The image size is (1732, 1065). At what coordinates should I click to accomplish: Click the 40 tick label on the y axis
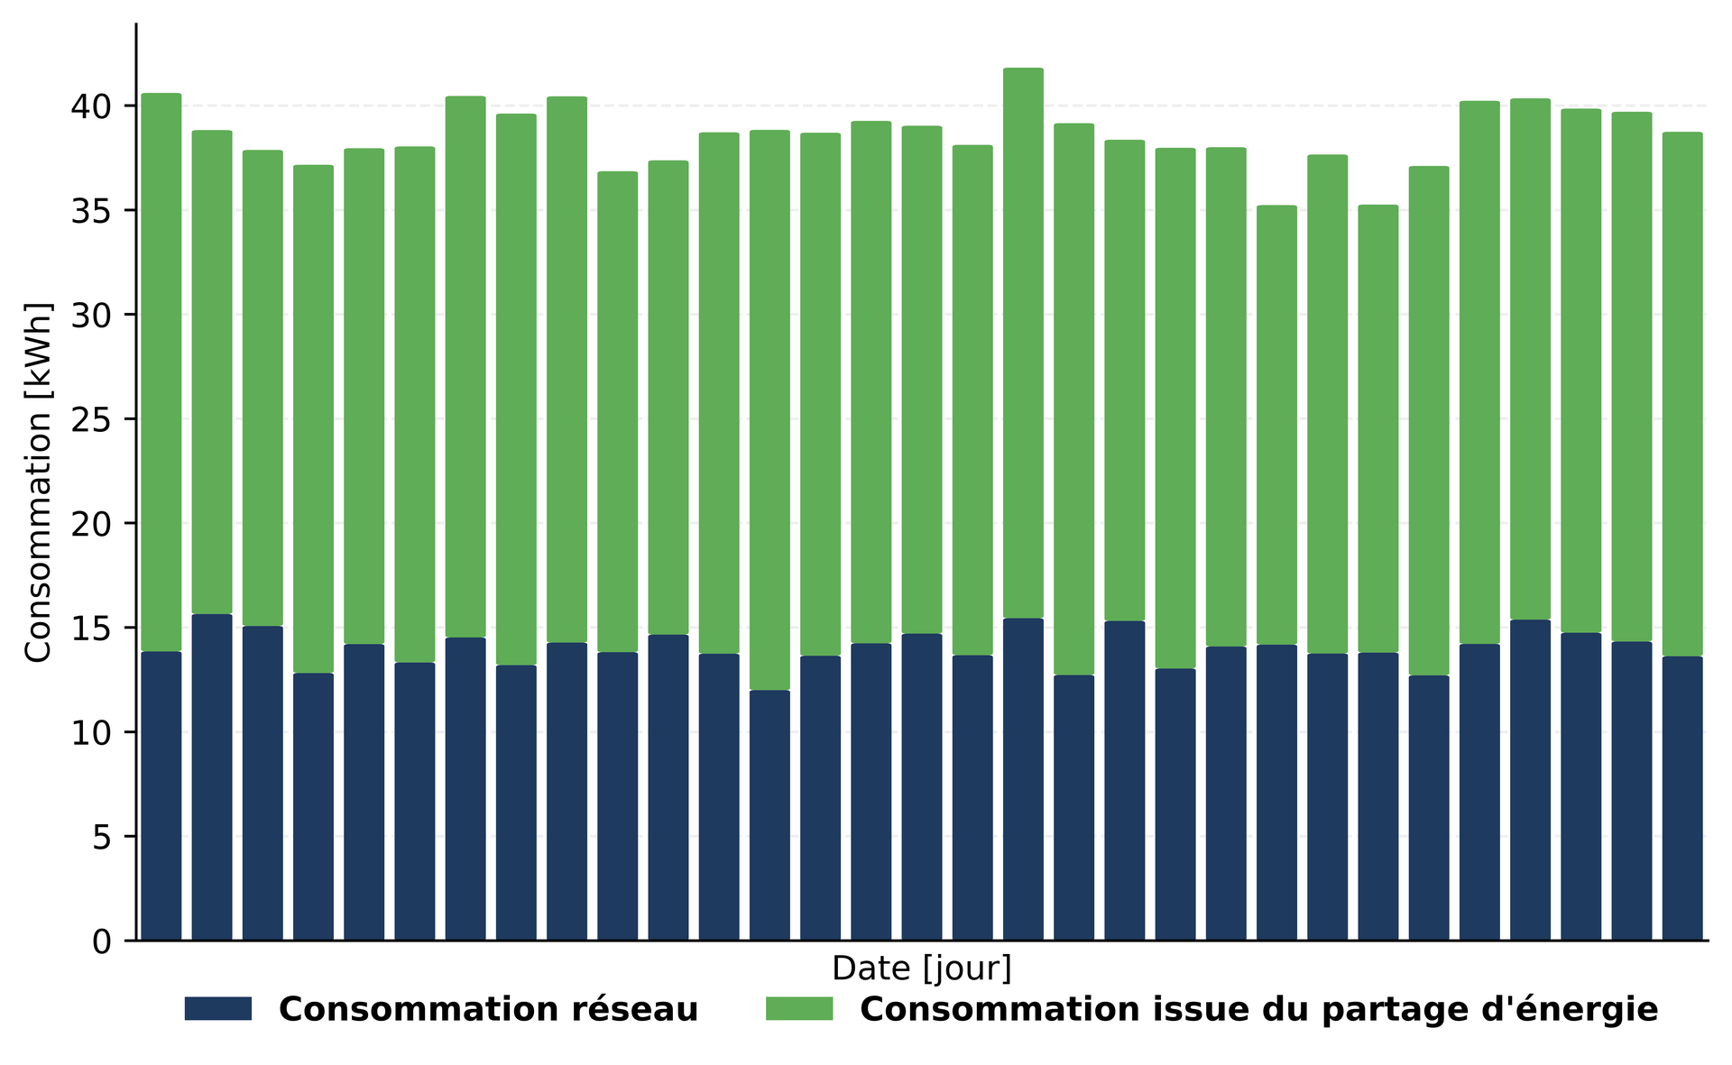pyautogui.click(x=91, y=106)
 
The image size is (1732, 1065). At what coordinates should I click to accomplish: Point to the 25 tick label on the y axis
pyautogui.click(x=91, y=419)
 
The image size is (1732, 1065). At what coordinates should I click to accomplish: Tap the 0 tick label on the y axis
pyautogui.click(x=102, y=941)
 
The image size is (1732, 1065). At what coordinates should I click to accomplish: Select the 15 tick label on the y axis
pyautogui.click(x=91, y=629)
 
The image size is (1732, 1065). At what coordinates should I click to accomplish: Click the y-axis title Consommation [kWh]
pyautogui.click(x=38, y=482)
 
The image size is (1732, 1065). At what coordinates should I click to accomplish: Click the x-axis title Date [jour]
pyautogui.click(x=921, y=969)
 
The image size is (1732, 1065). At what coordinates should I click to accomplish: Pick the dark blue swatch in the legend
pyautogui.click(x=217, y=1009)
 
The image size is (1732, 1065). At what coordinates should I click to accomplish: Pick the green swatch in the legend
pyautogui.click(x=798, y=1009)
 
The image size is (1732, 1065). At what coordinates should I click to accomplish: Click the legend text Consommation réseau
pyautogui.click(x=488, y=1009)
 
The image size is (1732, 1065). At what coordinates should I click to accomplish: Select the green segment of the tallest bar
pyautogui.click(x=1023, y=343)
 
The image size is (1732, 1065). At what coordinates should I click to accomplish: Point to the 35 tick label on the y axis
pyautogui.click(x=91, y=211)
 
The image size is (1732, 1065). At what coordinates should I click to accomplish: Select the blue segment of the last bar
pyautogui.click(x=1682, y=799)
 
